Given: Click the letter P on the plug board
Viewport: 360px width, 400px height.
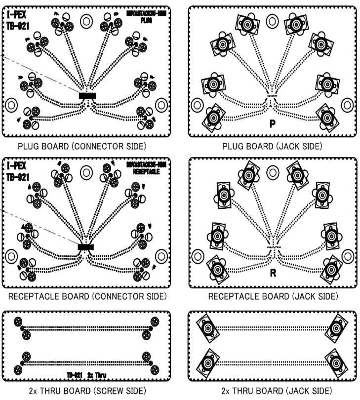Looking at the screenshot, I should click(x=272, y=123).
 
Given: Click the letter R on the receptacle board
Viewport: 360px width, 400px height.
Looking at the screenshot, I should click(x=272, y=273).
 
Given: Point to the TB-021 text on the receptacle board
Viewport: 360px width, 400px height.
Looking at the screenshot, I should click(x=18, y=176).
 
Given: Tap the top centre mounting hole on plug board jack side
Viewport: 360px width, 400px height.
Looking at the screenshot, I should click(x=272, y=21).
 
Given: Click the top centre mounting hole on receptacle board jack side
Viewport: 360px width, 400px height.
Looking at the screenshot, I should click(x=272, y=172).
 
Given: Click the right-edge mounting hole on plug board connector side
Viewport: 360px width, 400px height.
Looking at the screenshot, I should click(x=160, y=105).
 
